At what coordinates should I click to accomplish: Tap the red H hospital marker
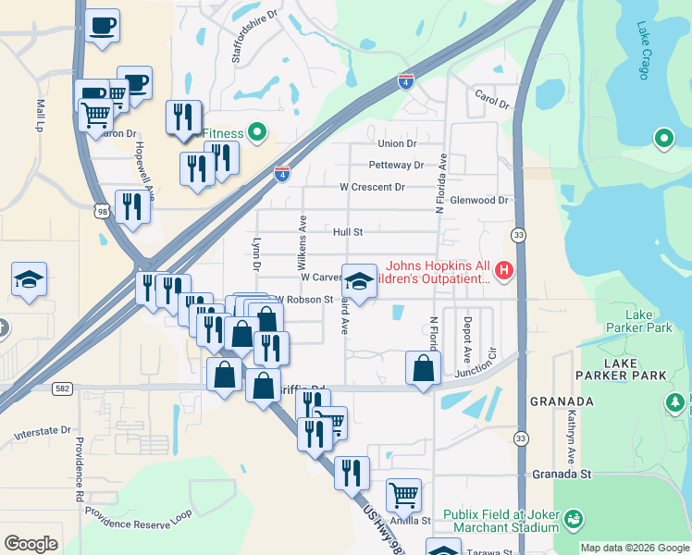[503, 270]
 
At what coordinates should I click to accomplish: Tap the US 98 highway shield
[99, 212]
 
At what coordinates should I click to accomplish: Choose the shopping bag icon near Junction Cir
[423, 368]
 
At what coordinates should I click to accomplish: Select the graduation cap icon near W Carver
[359, 280]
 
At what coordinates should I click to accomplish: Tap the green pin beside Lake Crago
[663, 140]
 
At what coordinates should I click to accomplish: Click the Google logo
[31, 543]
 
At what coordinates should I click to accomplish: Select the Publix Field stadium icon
[574, 519]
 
